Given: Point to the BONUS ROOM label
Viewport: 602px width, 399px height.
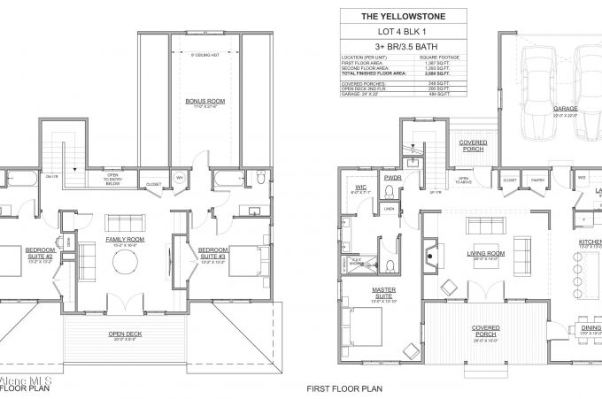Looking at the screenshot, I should pyautogui.click(x=205, y=102).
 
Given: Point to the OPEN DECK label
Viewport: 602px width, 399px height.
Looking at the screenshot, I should pyautogui.click(x=126, y=334).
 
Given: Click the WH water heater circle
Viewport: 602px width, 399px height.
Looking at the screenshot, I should pyautogui.click(x=179, y=176).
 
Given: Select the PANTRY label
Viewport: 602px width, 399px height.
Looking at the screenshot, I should pyautogui.click(x=536, y=180).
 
